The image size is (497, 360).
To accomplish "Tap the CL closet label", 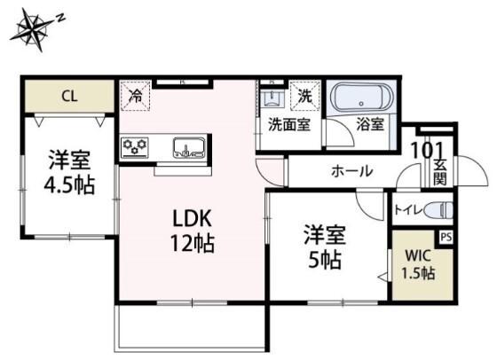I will (x=68, y=96).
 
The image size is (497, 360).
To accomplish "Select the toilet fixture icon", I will (x=438, y=210).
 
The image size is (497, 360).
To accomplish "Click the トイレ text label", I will (x=407, y=211).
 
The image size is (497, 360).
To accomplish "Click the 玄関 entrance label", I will (x=439, y=172).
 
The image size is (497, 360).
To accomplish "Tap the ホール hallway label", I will (x=351, y=171).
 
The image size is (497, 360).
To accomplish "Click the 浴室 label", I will (x=369, y=125).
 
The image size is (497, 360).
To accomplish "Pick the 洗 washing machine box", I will (x=304, y=94).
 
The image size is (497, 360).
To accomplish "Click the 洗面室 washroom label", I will (x=288, y=125).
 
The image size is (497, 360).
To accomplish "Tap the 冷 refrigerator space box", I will (x=136, y=94).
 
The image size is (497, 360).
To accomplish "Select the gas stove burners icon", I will (x=135, y=146).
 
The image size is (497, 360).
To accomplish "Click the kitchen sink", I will (x=189, y=147).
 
